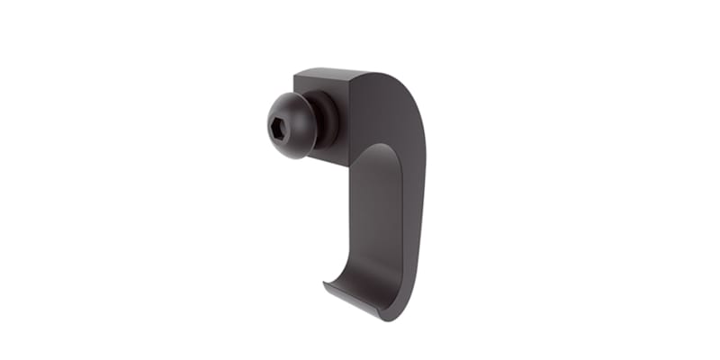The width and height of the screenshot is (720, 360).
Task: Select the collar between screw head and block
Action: click(325, 117)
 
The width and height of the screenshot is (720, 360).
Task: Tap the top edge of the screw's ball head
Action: click(286, 92)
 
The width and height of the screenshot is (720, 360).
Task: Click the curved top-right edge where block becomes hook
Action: click(396, 77)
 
